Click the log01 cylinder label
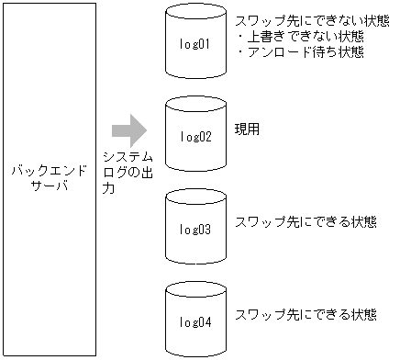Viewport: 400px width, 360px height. (x=195, y=43)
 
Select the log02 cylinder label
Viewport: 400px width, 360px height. (x=195, y=137)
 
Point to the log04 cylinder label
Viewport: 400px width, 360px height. (x=195, y=322)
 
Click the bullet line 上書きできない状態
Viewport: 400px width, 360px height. (x=299, y=37)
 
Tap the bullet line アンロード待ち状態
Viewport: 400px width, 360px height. (x=300, y=51)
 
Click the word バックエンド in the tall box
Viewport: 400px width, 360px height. (x=49, y=172)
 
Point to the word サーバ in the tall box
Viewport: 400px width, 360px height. (x=49, y=186)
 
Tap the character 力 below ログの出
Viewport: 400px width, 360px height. (x=109, y=189)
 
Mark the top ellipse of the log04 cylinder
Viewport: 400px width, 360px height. (x=195, y=293)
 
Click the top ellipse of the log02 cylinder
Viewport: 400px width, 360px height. (x=195, y=107)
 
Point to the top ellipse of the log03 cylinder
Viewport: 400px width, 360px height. (x=195, y=200)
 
